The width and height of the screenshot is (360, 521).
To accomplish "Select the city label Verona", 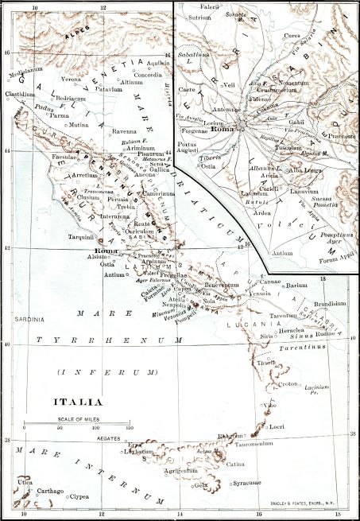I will [72, 80].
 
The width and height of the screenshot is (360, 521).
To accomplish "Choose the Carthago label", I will [52, 492].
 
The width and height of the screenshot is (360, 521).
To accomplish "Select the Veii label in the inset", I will [230, 84].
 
